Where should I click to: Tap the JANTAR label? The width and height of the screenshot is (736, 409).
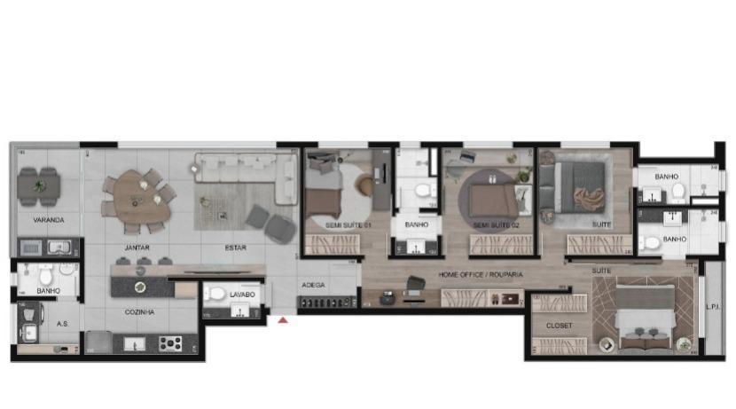[137, 248]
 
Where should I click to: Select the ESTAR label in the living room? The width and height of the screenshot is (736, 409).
[235, 248]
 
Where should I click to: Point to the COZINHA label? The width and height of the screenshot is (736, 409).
[139, 312]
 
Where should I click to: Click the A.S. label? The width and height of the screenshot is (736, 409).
[62, 324]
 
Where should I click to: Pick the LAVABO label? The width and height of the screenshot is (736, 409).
[242, 294]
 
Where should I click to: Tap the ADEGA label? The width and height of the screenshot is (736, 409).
[314, 286]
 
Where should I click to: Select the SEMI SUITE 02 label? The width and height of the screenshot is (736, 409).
[495, 225]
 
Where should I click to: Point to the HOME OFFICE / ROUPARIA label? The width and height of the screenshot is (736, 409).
[481, 275]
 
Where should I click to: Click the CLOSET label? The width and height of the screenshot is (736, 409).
[559, 326]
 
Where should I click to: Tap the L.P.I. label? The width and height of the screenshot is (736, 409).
[712, 307]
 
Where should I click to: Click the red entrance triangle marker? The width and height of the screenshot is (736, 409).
[282, 319]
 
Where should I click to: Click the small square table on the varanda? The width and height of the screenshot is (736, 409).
[39, 186]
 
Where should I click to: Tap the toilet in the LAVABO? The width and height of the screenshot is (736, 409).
[217, 294]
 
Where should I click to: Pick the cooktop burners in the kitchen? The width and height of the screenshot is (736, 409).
[170, 342]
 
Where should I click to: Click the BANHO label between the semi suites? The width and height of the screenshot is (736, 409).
[416, 225]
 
